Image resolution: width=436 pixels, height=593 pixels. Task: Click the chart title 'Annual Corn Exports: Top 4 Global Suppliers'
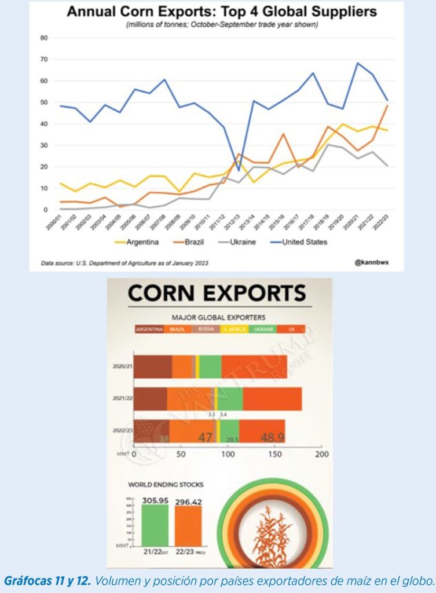222,12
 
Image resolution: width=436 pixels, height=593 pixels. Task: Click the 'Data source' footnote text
124,262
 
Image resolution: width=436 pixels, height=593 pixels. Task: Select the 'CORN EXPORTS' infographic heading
217,294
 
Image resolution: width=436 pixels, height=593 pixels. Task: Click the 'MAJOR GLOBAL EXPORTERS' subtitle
218,317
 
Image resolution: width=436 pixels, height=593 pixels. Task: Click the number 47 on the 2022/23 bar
205,437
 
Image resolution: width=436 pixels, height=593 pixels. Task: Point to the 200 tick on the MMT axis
321,455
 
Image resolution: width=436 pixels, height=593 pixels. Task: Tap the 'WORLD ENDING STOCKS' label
166,484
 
